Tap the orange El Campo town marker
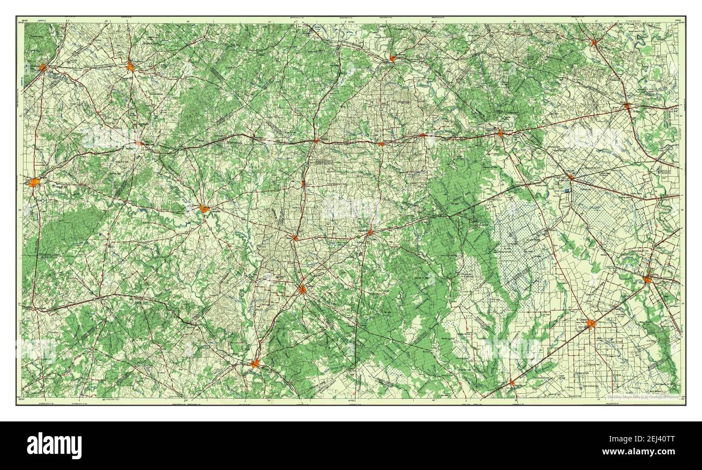point(591,324)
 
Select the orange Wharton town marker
point(647,279)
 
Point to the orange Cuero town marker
point(255,364)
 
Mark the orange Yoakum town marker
point(302,289)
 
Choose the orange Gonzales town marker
point(204,208)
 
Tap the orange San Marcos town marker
point(42,68)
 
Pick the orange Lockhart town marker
point(130,66)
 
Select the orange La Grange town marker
point(393,58)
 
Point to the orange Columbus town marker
point(501,133)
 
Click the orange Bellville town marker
point(593,42)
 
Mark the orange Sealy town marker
point(627,106)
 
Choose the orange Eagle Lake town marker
point(571,176)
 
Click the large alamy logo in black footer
point(54,446)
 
